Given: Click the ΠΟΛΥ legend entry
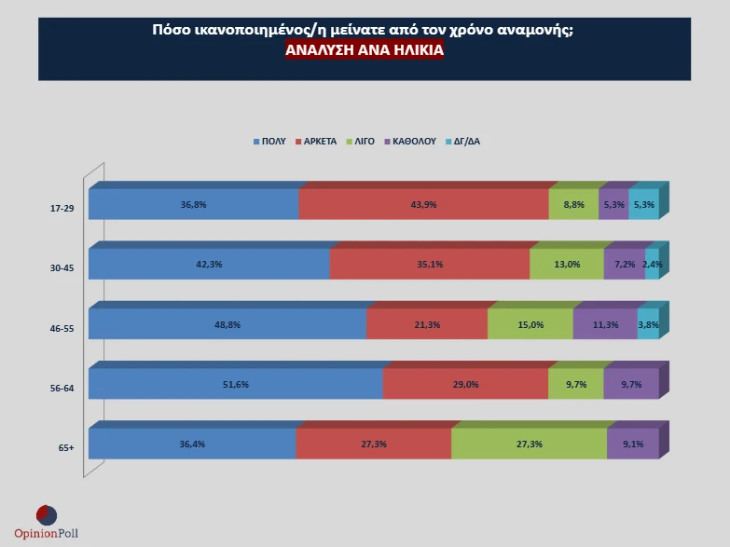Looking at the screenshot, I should click(x=269, y=142).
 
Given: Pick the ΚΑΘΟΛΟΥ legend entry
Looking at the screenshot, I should click(x=409, y=142).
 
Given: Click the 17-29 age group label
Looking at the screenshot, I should click(x=62, y=208).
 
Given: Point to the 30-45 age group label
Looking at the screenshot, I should click(x=62, y=267).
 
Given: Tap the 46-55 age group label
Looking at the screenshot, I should click(x=62, y=328).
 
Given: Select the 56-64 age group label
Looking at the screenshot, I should click(x=62, y=388).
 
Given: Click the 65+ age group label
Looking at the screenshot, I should click(x=65, y=447).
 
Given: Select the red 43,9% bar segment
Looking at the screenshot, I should click(x=423, y=204).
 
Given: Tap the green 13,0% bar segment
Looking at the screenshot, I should click(x=566, y=264).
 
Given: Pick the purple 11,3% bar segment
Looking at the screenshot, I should click(x=605, y=323).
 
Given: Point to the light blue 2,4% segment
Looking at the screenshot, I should click(x=652, y=264).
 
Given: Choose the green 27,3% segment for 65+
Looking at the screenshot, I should click(x=529, y=444).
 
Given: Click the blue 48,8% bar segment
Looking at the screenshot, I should click(x=227, y=323).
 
